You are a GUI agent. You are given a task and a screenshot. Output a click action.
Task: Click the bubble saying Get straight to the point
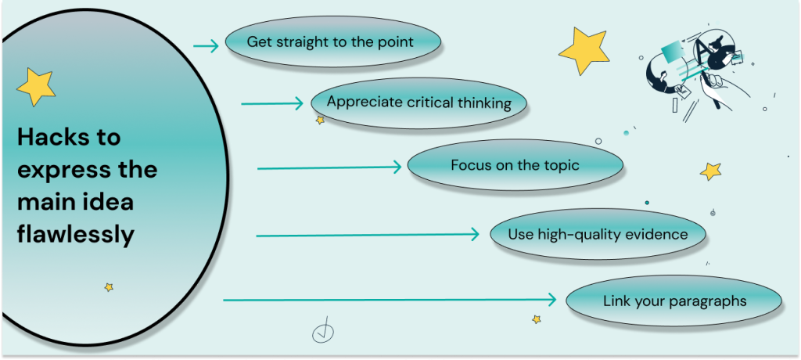point(333,42)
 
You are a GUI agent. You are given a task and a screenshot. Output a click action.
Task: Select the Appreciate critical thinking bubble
point(419,103)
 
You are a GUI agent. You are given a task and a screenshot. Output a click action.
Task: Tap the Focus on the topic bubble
point(515,166)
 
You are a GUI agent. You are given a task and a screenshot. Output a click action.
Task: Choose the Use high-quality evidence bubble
point(598,235)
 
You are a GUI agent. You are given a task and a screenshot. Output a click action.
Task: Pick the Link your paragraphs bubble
point(674,301)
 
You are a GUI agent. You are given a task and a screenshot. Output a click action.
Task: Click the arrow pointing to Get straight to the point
point(206,46)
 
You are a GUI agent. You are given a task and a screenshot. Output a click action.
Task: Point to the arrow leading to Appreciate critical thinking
point(272,104)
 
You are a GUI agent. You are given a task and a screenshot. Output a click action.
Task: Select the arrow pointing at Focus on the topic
point(329,167)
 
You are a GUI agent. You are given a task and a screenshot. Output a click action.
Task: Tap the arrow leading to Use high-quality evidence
point(368,236)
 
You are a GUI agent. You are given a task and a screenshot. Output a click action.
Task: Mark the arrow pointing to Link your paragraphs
point(390,300)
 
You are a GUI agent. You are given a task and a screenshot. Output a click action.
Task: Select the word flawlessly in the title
point(76,235)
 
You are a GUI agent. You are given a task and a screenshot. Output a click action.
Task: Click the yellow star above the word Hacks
point(36,87)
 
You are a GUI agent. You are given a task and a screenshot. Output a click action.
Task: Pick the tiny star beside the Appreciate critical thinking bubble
point(320,121)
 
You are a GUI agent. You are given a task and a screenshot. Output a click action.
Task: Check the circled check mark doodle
point(323,333)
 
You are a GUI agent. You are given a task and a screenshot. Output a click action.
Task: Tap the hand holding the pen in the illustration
point(720,87)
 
